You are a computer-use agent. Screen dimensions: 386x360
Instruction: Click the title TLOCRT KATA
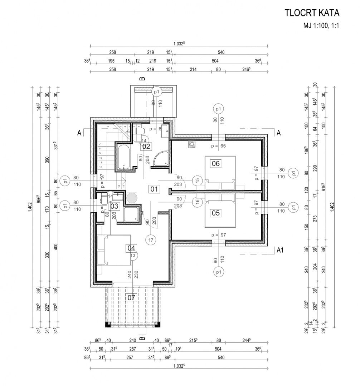coord(312,13)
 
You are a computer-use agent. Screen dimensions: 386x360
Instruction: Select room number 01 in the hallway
coord(154,189)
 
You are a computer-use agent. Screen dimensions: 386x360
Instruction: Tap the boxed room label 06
coord(216,164)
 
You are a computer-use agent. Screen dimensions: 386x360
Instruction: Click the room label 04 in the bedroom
coord(131,248)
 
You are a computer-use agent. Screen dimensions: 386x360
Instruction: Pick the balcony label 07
coord(131,297)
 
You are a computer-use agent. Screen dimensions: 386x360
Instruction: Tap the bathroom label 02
coord(146,146)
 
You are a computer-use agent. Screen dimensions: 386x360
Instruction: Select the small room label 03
coord(114,206)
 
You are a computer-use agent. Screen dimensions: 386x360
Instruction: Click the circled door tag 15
coord(196,181)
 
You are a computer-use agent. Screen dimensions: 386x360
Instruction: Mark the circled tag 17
coord(150,240)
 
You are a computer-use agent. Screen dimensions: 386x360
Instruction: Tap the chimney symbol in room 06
coord(192,145)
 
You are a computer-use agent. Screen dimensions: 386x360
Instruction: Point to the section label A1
coord(281,250)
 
